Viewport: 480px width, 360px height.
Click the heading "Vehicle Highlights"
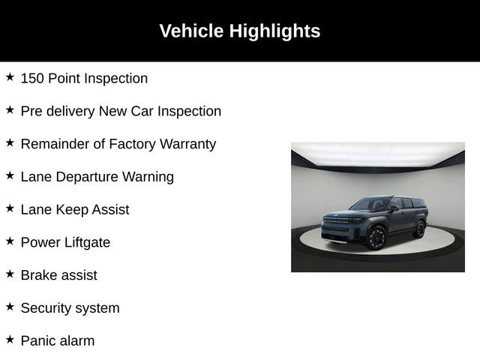click(x=239, y=31)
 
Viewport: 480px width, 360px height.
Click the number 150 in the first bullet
click(x=32, y=78)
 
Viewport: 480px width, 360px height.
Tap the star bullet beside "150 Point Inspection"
click(x=10, y=77)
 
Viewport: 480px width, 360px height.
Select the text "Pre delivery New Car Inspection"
click(x=121, y=111)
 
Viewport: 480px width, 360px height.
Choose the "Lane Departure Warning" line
click(x=97, y=177)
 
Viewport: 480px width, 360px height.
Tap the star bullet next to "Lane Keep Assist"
click(x=10, y=208)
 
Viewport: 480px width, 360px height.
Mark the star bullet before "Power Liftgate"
click(x=10, y=241)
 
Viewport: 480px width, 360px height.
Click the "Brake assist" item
click(x=58, y=275)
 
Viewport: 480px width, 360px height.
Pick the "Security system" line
click(x=70, y=308)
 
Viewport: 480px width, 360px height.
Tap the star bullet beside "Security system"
click(x=10, y=307)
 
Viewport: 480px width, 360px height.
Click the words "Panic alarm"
click(x=58, y=341)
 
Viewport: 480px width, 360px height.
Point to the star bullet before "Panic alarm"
click(x=10, y=340)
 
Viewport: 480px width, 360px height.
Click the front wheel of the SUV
click(x=376, y=238)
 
